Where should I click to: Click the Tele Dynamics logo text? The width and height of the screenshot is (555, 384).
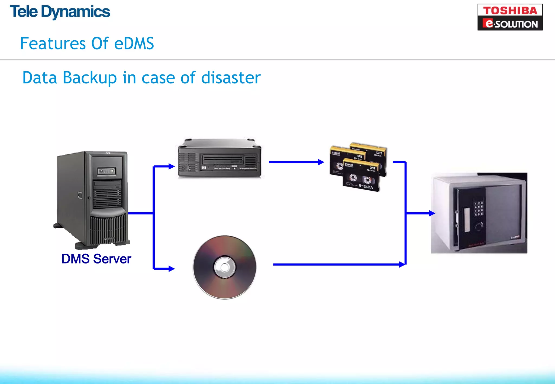tap(60, 12)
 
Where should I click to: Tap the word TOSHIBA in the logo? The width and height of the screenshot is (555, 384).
tap(510, 11)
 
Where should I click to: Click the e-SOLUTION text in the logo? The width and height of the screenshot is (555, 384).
tap(510, 24)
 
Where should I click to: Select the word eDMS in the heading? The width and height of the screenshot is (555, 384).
tap(134, 44)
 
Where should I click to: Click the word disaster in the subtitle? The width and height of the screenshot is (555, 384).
tap(231, 78)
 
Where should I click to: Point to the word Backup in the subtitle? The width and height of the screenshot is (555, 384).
tap(90, 78)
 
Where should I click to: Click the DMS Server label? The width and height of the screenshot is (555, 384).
tap(96, 259)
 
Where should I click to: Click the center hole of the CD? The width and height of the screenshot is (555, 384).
tap(224, 267)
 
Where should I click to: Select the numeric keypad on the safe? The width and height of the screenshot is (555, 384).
tap(478, 209)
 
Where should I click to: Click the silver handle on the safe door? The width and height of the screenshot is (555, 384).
tap(467, 220)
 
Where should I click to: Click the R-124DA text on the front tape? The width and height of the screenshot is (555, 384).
tap(366, 187)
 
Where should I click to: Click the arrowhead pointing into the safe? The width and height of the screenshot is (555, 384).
tap(432, 213)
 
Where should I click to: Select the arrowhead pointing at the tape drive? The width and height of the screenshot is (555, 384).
tap(172, 166)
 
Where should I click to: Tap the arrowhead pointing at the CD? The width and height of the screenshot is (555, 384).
tap(172, 269)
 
